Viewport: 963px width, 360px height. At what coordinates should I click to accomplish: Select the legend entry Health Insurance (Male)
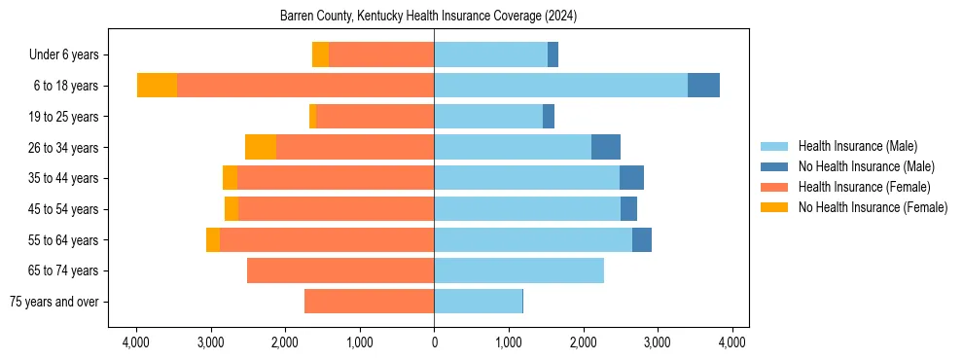click(857, 146)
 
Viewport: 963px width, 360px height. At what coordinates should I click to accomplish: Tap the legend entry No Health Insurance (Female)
click(873, 207)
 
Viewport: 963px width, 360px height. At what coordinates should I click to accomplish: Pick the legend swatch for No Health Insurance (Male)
click(774, 166)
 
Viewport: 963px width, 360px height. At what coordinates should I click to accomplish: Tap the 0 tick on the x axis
click(434, 342)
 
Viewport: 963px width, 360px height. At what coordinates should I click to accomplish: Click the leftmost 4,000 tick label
click(136, 342)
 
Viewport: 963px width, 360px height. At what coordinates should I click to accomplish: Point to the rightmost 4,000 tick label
click(731, 342)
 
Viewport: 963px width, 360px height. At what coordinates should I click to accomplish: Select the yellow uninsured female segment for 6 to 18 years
click(157, 86)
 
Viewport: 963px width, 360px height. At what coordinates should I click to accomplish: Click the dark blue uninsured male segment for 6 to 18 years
click(703, 86)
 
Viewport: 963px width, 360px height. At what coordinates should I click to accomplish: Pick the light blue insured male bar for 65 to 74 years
click(518, 270)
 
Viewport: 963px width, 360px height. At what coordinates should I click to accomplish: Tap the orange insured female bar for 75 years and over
click(369, 302)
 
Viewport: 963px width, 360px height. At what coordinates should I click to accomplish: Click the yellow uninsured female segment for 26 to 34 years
click(261, 148)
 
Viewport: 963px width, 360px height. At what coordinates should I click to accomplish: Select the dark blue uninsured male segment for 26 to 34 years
click(605, 148)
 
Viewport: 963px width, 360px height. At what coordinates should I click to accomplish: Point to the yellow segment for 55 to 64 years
click(213, 240)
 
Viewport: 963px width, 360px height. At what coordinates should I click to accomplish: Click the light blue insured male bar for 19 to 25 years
click(488, 117)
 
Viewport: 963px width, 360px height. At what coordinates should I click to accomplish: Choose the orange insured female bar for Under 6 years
click(381, 55)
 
